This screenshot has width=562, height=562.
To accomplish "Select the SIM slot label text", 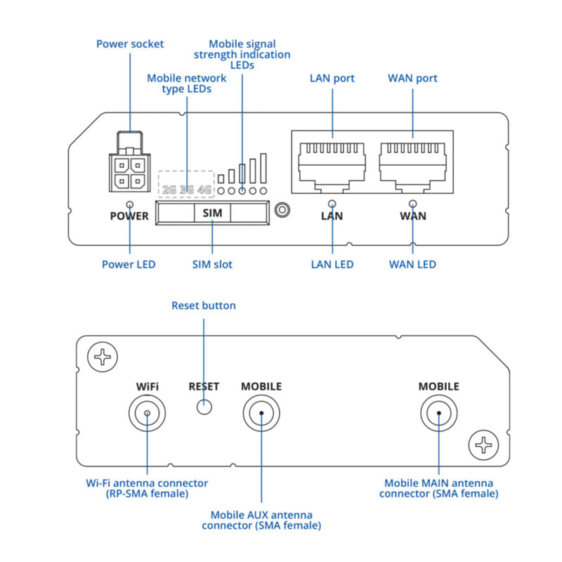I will (211, 211).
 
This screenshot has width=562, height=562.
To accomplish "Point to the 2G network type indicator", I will (169, 190).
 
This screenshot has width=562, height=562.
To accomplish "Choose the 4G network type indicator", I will (204, 190).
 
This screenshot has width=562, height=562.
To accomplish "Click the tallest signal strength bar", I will (263, 169).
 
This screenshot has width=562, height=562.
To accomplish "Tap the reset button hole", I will (204, 406).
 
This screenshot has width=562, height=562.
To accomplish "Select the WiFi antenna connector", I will (147, 412).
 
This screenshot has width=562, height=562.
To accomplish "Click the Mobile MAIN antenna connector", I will (438, 412).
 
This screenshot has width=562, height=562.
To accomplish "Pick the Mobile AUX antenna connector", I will (261, 412).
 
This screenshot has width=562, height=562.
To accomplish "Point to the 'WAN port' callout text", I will (412, 78).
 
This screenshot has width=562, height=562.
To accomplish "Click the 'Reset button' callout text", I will (204, 306).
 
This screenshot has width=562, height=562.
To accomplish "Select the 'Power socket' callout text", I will (130, 44).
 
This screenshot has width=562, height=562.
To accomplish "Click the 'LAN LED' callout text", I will (332, 265).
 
